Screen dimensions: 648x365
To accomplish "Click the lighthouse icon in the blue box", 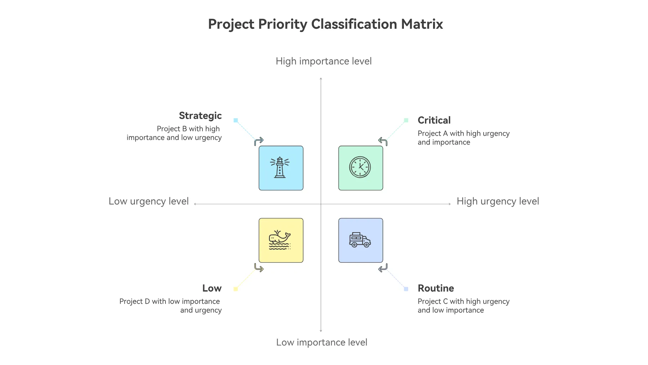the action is (x=280, y=167).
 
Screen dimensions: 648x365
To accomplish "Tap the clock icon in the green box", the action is (x=360, y=167).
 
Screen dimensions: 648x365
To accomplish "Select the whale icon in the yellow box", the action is (x=280, y=240).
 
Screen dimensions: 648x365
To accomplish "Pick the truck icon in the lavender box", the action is (x=360, y=240).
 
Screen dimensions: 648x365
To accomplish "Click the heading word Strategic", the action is (x=200, y=116).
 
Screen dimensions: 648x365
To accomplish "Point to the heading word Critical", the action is (x=434, y=120).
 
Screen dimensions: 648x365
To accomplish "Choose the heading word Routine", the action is (x=436, y=288).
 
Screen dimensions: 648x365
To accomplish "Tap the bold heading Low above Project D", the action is (x=212, y=288).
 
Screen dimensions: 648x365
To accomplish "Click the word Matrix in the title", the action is (x=422, y=24).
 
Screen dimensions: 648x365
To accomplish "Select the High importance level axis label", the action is (x=324, y=61).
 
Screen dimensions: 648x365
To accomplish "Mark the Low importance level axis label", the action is (x=322, y=342).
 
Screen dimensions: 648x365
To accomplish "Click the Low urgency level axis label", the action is (x=149, y=202).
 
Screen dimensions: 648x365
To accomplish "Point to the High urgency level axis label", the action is (x=498, y=202).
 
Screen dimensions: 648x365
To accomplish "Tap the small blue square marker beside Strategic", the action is (x=236, y=120).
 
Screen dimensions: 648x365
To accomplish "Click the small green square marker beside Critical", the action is (x=406, y=120).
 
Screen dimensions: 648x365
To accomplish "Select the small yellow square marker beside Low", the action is (x=236, y=289).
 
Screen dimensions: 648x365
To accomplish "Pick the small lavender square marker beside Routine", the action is (x=406, y=289).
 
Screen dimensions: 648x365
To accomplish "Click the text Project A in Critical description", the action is (x=433, y=134).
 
